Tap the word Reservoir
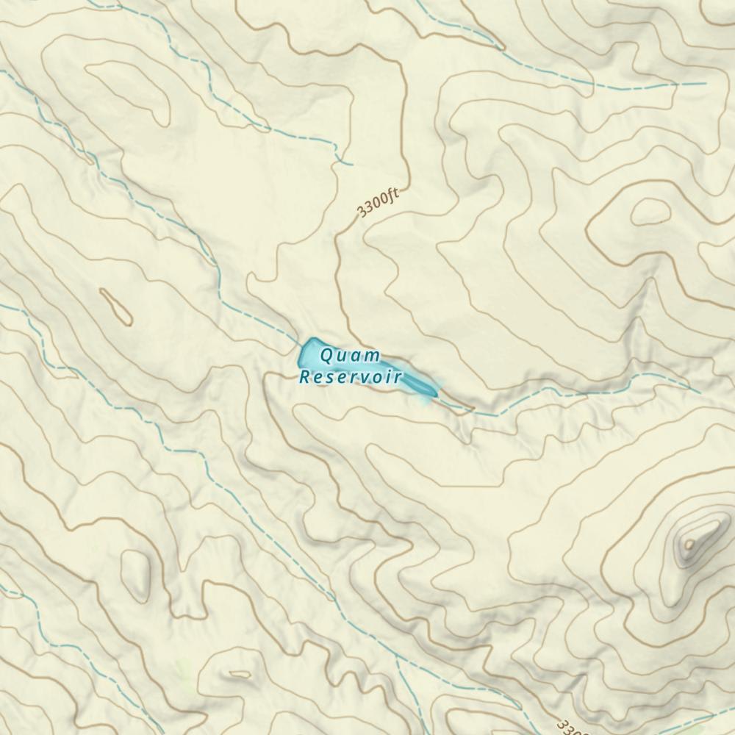pyautogui.click(x=350, y=378)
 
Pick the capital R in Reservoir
pyautogui.click(x=304, y=378)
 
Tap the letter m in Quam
pyautogui.click(x=375, y=357)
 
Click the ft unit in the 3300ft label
pyautogui.click(x=392, y=196)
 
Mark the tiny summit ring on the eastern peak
pyautogui.click(x=689, y=545)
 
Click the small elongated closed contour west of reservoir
pyautogui.click(x=115, y=306)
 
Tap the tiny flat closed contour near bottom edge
pyautogui.click(x=240, y=673)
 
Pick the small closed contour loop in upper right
pyautogui.click(x=650, y=212)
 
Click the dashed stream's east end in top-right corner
pyautogui.click(x=706, y=83)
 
